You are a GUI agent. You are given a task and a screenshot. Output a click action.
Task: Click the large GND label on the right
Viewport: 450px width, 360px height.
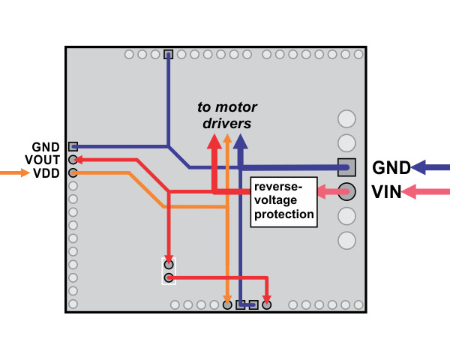(391, 167)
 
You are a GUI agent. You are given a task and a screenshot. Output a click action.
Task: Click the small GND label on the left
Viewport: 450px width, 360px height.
(45, 146)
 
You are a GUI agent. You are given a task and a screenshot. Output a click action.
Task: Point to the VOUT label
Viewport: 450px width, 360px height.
(42, 160)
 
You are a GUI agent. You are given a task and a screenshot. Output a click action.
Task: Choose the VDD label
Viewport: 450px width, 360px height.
(46, 173)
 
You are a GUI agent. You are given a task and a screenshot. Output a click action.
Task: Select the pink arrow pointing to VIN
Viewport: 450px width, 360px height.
(426, 193)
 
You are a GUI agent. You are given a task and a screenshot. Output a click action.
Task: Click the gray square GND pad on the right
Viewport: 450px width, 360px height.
(346, 166)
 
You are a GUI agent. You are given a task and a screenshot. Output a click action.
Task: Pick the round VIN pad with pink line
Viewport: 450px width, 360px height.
(346, 191)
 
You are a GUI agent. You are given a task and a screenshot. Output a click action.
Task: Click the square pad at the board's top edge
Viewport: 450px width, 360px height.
(168, 54)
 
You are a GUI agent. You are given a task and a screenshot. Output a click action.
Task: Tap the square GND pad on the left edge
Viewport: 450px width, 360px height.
(73, 146)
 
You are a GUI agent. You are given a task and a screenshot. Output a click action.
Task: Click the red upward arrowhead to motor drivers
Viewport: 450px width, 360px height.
(214, 141)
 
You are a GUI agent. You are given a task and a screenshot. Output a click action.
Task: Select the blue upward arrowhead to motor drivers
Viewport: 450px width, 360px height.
(240, 141)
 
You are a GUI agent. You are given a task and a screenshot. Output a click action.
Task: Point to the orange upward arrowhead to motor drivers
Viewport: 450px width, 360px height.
(227, 140)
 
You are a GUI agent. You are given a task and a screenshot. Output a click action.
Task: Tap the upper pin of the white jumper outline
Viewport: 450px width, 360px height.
(169, 264)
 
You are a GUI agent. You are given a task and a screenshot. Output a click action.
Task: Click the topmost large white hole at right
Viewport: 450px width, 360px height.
(346, 118)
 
